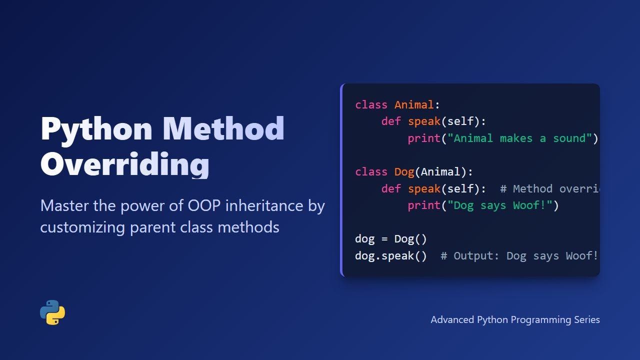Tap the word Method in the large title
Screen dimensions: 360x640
(x=223, y=128)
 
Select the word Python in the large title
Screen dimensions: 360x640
(x=96, y=128)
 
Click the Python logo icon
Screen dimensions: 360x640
(x=52, y=312)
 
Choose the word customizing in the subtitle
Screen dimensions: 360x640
(x=82, y=227)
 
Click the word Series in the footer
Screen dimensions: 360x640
(x=586, y=319)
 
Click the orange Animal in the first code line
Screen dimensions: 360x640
(x=414, y=105)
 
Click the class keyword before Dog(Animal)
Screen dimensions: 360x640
(x=371, y=172)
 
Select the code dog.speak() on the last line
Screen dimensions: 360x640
(x=391, y=256)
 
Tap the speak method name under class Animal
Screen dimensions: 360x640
(x=424, y=121)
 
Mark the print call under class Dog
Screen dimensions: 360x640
(x=424, y=205)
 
